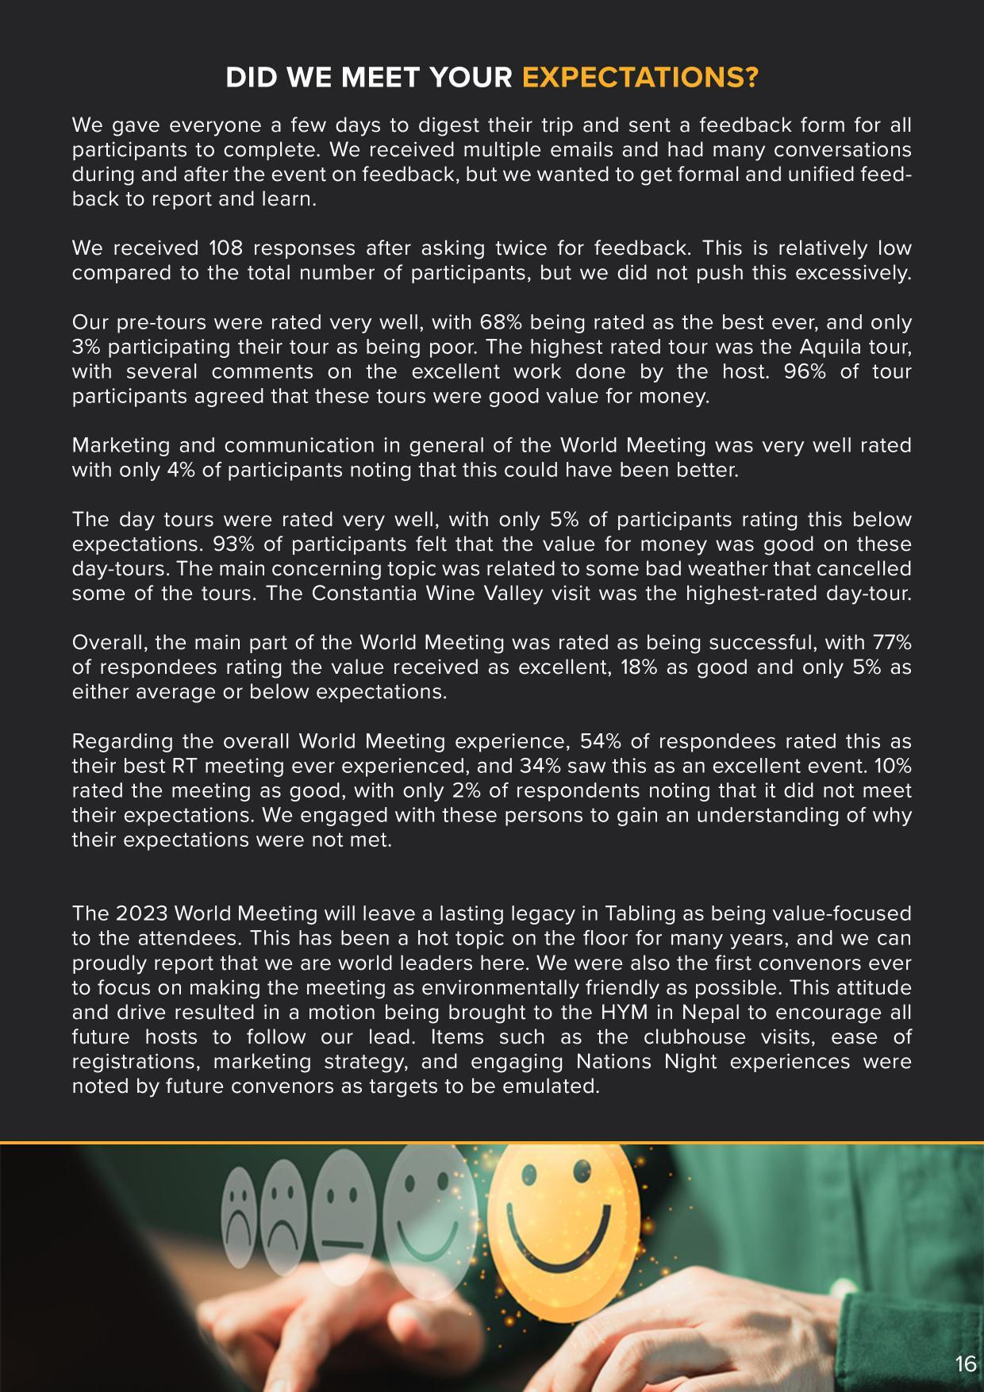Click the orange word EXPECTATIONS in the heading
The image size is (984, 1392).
[x=640, y=78]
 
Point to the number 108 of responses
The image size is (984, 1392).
[x=225, y=248]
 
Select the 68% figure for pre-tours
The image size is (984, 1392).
[x=499, y=322]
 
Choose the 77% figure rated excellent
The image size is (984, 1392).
[x=892, y=642]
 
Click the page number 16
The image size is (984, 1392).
[x=965, y=1364]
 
